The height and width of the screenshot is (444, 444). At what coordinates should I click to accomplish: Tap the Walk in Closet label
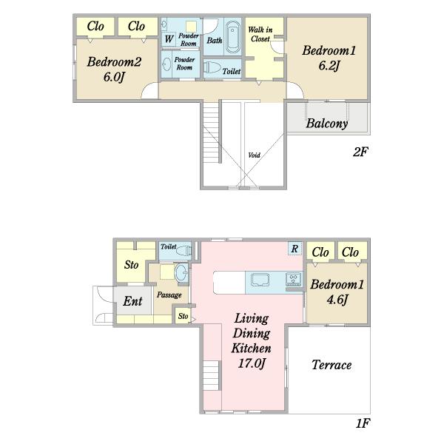tap(260, 34)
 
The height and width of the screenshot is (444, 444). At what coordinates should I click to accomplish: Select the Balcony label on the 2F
tap(327, 124)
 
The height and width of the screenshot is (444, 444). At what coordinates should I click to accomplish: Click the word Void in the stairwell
tap(254, 155)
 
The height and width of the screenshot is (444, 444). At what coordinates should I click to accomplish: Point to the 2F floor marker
tap(360, 152)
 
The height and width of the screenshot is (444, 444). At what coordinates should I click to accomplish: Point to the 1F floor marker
tap(363, 423)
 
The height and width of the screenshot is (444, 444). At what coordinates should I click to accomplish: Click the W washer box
tap(169, 39)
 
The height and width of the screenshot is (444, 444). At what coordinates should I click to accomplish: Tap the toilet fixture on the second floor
tap(212, 67)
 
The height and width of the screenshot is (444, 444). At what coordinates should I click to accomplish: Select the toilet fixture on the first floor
tap(184, 251)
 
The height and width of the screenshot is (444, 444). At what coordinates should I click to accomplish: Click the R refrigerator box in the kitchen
tap(295, 249)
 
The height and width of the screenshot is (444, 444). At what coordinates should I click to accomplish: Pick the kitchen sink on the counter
tap(260, 280)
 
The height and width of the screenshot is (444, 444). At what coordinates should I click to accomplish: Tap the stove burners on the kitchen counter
tap(294, 279)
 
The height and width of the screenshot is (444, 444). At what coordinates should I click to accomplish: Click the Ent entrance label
tap(132, 301)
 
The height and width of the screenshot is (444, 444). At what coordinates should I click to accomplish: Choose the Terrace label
tap(332, 365)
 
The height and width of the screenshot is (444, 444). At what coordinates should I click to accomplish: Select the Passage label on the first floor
tap(169, 295)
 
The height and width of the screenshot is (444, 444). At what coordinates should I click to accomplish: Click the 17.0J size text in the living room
tap(252, 363)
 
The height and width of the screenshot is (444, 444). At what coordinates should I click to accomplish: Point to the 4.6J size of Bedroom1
tap(337, 300)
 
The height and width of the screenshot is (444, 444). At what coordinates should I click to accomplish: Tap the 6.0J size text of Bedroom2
tap(114, 77)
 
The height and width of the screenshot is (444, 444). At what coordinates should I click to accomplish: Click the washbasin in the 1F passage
tap(181, 272)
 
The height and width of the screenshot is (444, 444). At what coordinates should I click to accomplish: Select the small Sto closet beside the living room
tap(183, 316)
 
